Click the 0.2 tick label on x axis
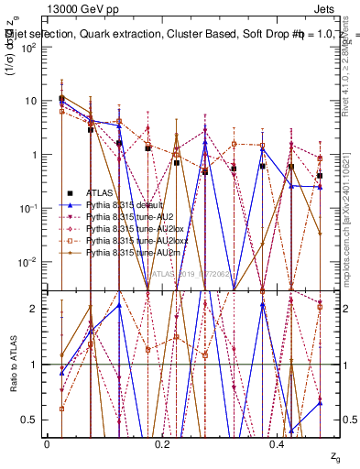tap(162, 443)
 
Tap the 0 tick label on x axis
tap(46, 443)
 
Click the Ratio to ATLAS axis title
tap(13, 365)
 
